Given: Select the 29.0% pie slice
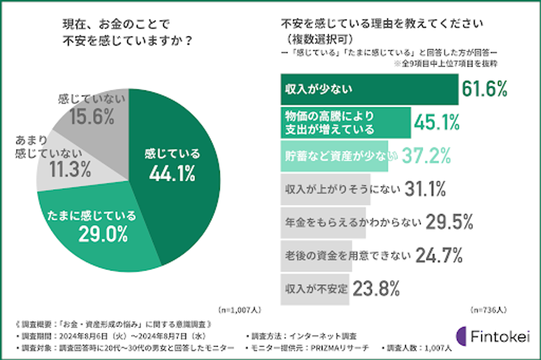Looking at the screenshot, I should [97, 225].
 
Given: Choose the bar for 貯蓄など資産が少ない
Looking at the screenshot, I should [335, 155].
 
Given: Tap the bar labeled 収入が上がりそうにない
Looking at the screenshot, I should [326, 188].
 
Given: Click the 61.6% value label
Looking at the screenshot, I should [484, 90].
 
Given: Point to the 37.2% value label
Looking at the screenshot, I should [424, 155].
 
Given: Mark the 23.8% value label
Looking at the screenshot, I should [376, 288].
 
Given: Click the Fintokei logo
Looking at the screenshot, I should [492, 337].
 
